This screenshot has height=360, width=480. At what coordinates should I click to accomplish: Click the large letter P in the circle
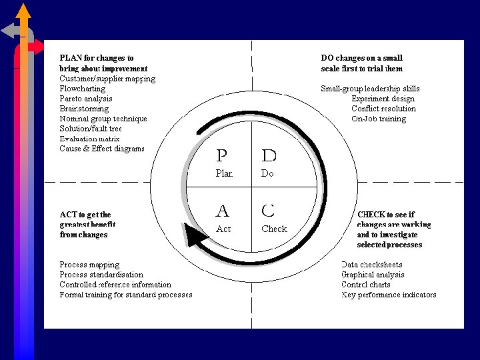pyautogui.click(x=222, y=156)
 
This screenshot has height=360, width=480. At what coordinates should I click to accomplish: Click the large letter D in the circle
pyautogui.click(x=269, y=156)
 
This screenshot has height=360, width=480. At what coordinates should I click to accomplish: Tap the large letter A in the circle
pyautogui.click(x=222, y=211)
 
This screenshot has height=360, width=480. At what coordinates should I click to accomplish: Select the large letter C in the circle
pyautogui.click(x=268, y=211)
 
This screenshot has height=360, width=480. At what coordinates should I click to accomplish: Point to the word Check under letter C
pyautogui.click(x=274, y=229)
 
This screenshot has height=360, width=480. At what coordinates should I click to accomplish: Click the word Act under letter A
pyautogui.click(x=223, y=229)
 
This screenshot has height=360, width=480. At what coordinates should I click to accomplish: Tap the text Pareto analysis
pyautogui.click(x=86, y=99)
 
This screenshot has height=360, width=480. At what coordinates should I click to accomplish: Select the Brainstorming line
pyautogui.click(x=84, y=109)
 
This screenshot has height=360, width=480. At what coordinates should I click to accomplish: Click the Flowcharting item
pyautogui.click(x=83, y=89)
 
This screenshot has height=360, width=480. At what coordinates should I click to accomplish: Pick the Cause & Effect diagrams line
pyautogui.click(x=102, y=149)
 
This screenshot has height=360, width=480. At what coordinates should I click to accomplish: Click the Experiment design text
pyautogui.click(x=383, y=99)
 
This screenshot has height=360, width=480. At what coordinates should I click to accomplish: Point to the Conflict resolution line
pyautogui.click(x=383, y=109)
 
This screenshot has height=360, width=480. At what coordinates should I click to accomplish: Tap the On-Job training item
pyautogui.click(x=379, y=119)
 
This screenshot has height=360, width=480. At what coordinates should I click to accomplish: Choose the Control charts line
pyautogui.click(x=366, y=285)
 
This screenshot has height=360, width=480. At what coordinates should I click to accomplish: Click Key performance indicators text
pyautogui.click(x=389, y=295)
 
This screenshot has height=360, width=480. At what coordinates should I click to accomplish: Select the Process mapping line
pyautogui.click(x=89, y=265)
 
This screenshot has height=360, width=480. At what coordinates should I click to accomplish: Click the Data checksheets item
pyautogui.click(x=369, y=265)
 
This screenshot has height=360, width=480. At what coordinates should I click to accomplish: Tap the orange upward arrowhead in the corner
pyautogui.click(x=23, y=10)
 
